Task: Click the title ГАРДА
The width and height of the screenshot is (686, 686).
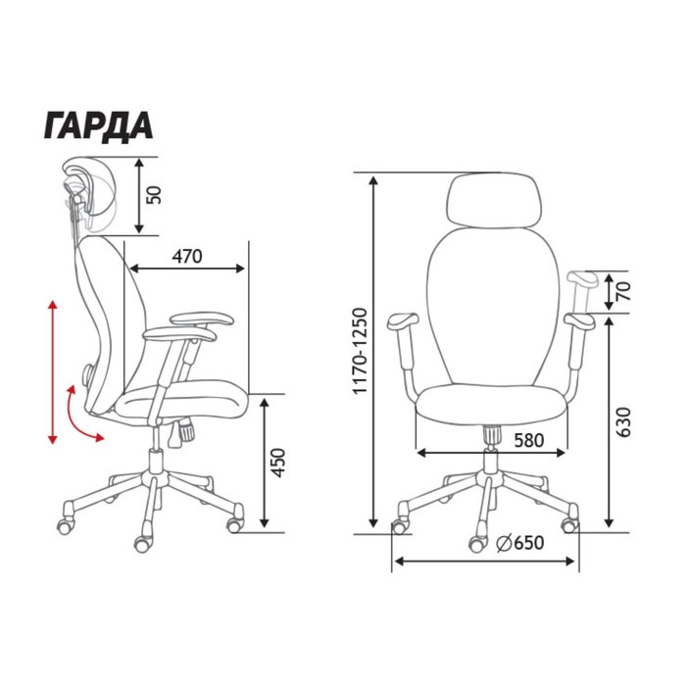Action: pos(98,126)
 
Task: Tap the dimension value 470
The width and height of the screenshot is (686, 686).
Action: pos(187,257)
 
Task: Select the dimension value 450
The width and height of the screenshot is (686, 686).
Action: pos(277,463)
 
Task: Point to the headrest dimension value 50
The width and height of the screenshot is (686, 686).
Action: pos(154,195)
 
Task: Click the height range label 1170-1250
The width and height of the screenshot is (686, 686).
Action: pos(361,351)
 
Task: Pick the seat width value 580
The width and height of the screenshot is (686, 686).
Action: pos(529,441)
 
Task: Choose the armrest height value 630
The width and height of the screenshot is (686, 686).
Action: pos(623,421)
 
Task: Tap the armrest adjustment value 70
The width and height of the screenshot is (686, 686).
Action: pos(624,291)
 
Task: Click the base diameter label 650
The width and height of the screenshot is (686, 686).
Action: pos(529,543)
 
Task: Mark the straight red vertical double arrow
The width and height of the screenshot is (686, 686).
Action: pos(53,371)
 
